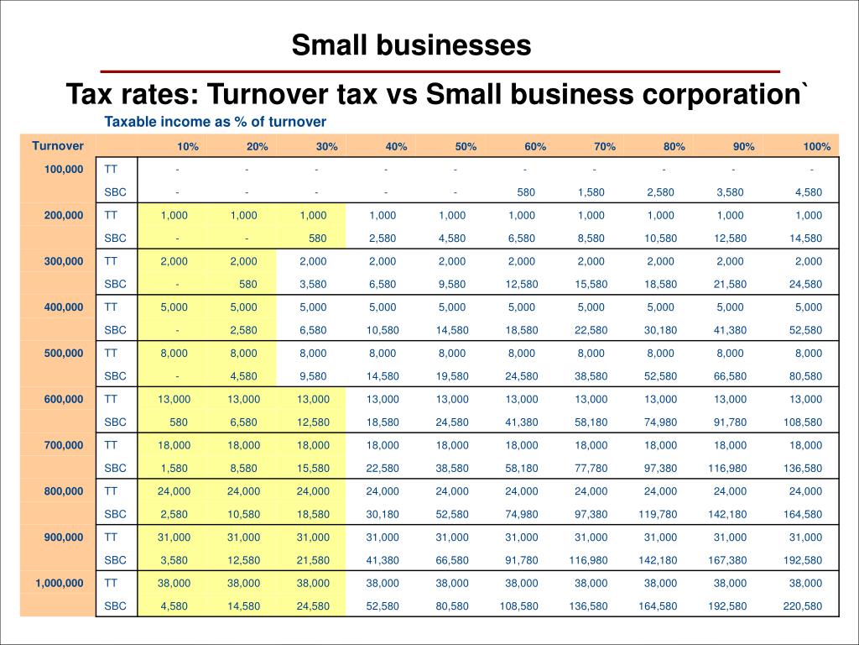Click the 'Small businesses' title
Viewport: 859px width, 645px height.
(411, 45)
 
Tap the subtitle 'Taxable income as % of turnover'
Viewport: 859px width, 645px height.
(215, 122)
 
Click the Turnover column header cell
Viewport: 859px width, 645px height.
(58, 146)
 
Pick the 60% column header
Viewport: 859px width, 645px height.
(535, 147)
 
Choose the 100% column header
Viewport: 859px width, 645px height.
(816, 147)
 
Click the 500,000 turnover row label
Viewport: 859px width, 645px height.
(64, 354)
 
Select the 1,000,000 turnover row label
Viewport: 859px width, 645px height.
(59, 583)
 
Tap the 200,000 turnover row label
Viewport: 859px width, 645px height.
(64, 216)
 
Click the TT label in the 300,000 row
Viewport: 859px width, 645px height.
(111, 261)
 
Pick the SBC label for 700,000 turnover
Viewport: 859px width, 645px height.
(115, 469)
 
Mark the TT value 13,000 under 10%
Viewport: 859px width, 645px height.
(174, 400)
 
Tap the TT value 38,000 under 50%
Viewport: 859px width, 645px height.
(452, 584)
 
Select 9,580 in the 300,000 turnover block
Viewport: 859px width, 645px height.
(452, 285)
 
